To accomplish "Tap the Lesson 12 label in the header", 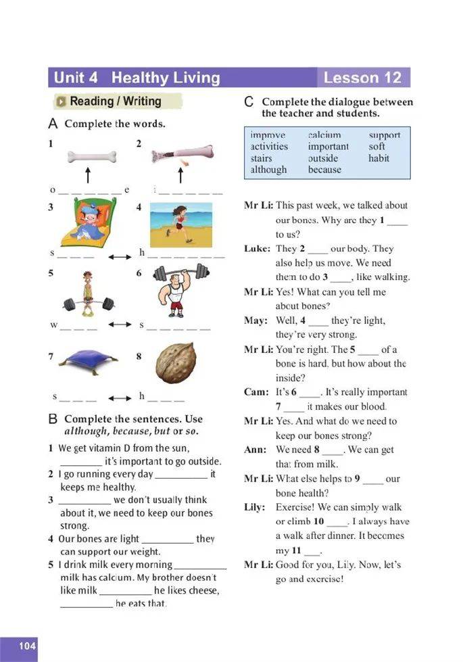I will click(362, 78).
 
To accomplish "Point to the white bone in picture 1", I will click(91, 157).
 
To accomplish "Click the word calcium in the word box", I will click(324, 135).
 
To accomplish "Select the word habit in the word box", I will click(379, 158).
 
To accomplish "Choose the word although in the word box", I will click(268, 170).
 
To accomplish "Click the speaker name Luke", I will click(257, 249).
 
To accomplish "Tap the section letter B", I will click(53, 420).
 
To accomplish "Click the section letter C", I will click(249, 103).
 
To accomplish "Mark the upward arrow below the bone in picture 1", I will click(87, 176).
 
